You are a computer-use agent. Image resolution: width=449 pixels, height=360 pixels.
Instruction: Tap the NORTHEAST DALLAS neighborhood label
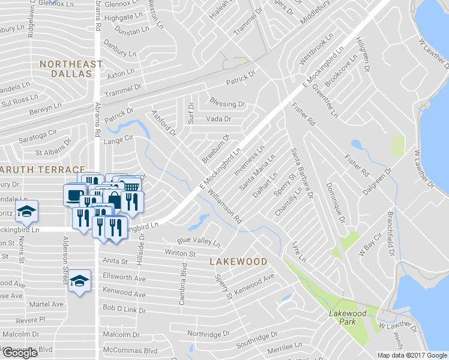(x=65, y=68)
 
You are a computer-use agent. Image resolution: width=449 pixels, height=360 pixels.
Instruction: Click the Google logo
(x=19, y=353)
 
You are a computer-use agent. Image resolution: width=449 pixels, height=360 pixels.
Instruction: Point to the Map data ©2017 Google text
(x=412, y=355)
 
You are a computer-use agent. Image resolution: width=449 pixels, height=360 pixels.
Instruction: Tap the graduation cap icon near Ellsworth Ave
(x=79, y=281)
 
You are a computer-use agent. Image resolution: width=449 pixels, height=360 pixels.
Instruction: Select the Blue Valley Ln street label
(x=199, y=241)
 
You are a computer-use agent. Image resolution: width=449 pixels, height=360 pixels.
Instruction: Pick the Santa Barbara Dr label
(x=301, y=172)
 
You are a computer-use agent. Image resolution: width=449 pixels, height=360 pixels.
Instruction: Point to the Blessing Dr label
(x=228, y=103)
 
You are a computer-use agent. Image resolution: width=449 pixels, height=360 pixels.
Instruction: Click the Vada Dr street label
(x=218, y=119)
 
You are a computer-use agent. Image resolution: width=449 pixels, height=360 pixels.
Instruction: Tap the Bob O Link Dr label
(x=124, y=308)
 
